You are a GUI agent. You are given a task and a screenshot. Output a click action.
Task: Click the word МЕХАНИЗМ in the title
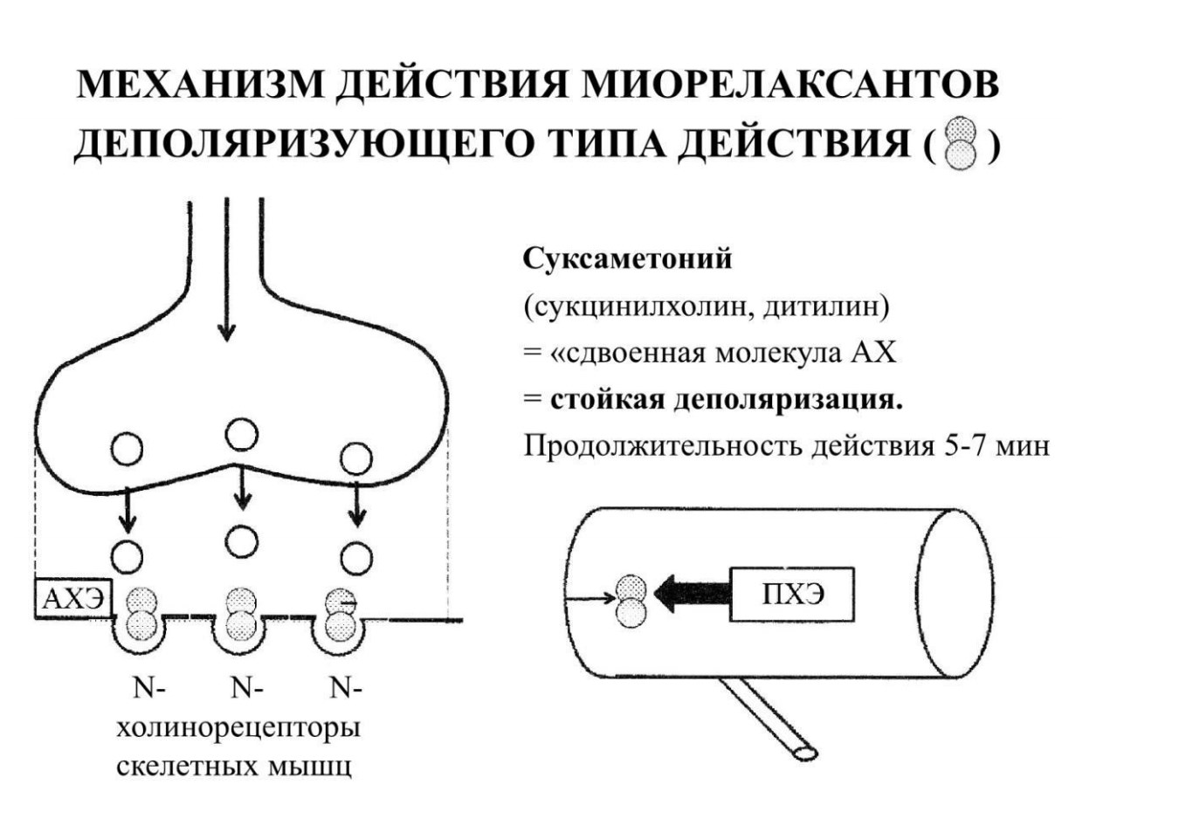click(199, 85)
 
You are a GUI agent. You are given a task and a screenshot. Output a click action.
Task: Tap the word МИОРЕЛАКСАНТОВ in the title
click(790, 85)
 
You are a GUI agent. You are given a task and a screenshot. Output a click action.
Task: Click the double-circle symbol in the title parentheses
click(961, 143)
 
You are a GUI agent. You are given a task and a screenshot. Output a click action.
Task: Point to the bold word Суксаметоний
click(627, 259)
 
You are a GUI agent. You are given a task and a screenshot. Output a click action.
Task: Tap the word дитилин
click(822, 306)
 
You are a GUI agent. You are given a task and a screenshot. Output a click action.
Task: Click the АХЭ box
click(73, 598)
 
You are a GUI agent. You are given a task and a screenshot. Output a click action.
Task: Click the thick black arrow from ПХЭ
click(693, 594)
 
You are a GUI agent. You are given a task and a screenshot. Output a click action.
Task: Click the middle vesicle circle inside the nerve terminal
click(242, 434)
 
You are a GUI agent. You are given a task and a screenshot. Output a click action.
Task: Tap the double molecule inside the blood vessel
click(631, 601)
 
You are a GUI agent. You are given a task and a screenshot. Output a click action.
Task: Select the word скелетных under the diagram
click(188, 767)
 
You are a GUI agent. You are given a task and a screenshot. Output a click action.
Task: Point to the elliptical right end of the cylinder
click(955, 593)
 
